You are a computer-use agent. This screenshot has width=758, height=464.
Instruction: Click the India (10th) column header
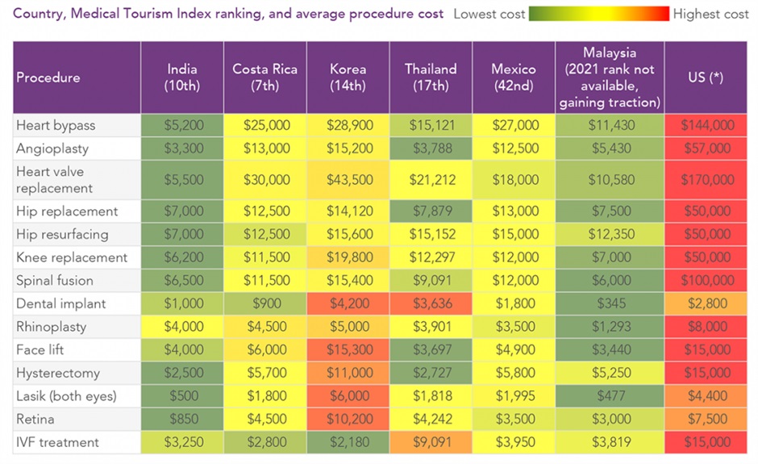click(181, 77)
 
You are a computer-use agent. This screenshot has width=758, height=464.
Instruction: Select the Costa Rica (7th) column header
click(264, 77)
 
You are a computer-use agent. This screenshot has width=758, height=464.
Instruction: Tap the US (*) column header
click(706, 77)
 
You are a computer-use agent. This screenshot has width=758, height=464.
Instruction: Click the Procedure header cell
click(48, 77)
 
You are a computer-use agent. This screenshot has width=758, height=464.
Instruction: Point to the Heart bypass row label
click(56, 125)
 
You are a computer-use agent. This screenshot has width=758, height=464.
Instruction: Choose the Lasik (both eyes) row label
click(66, 396)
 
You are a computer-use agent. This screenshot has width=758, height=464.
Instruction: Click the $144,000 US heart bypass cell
click(706, 125)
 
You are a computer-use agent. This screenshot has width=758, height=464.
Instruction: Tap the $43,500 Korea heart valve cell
click(348, 179)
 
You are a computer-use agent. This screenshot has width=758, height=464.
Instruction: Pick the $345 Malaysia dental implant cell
click(609, 304)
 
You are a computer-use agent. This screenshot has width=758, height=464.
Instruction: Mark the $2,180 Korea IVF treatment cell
click(348, 442)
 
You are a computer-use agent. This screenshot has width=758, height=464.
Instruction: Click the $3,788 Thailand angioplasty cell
click(431, 148)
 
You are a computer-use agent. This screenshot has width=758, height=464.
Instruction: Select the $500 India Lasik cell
click(181, 396)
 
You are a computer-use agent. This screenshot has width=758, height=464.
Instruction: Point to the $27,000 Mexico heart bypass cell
click(514, 125)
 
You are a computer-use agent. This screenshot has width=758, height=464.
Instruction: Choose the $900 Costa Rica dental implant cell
click(264, 304)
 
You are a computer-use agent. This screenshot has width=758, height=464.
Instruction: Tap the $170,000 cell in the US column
click(706, 179)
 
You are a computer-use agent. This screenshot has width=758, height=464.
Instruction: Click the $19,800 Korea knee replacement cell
click(348, 257)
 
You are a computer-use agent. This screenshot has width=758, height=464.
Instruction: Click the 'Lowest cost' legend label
click(489, 14)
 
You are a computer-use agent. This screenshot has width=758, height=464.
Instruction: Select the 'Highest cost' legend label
click(710, 14)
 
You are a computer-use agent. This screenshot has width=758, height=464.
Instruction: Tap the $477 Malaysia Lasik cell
click(609, 396)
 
